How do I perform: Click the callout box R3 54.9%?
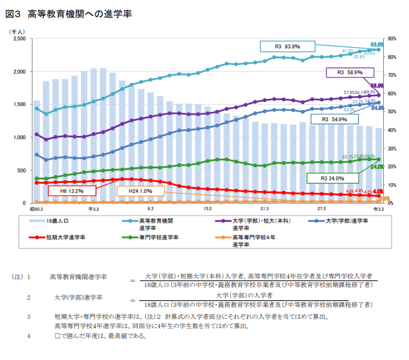334,119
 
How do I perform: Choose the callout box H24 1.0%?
135,191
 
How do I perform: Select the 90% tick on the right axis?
392,39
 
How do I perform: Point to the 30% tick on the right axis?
392,148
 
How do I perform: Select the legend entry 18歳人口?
57,220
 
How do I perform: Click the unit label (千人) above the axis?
17,31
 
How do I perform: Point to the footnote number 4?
29,335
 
